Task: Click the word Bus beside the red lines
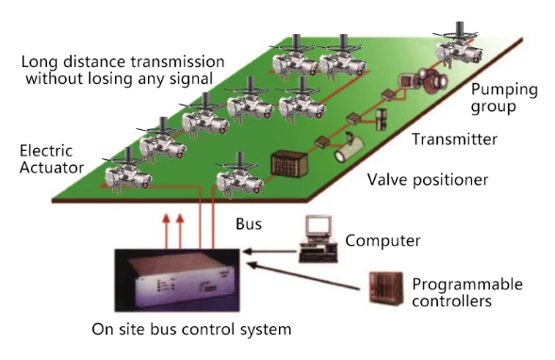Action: [x=249, y=224]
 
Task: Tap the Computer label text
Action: [x=383, y=240]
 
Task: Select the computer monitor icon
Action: [x=318, y=239]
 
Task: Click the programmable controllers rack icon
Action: [x=385, y=288]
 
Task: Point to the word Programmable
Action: [x=467, y=285]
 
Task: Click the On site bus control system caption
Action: [x=191, y=329]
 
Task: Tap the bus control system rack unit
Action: [x=177, y=281]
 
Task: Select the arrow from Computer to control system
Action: [x=269, y=252]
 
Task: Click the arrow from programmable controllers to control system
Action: [x=303, y=276]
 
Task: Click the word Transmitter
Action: [x=454, y=139]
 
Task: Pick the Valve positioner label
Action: [x=427, y=180]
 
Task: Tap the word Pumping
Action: [x=504, y=90]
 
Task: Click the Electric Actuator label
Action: [x=52, y=159]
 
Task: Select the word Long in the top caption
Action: [x=40, y=62]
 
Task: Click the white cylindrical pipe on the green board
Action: [x=350, y=150]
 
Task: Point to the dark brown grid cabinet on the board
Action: [x=289, y=163]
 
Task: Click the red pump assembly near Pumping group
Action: [x=424, y=81]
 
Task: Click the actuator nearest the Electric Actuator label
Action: [x=128, y=171]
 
